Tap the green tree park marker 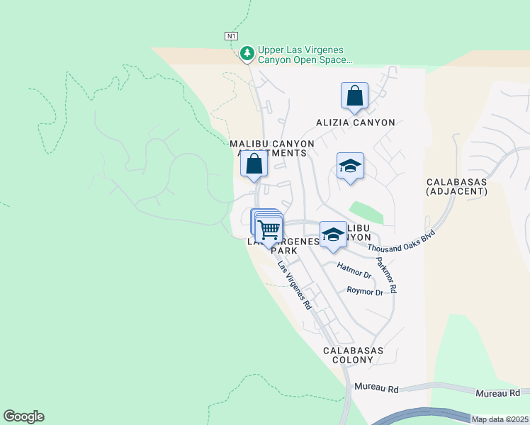pos(247,52)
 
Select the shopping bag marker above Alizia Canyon pos(354,96)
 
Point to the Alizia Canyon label pos(355,123)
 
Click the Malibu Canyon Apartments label pos(271,148)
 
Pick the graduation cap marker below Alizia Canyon pos(350,167)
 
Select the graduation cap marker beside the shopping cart pos(332,236)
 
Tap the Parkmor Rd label pos(386,276)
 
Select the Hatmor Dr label pos(354,271)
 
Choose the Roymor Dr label pos(364,291)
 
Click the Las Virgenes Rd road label pos(294,286)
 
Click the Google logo pos(23,416)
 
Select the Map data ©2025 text pos(500,419)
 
